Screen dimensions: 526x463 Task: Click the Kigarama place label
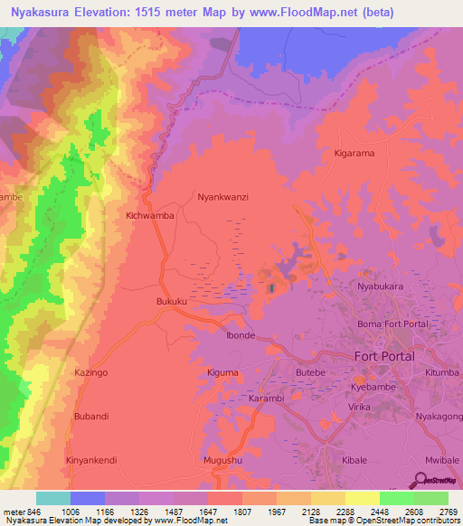click(354, 153)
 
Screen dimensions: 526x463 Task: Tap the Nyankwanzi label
click(222, 196)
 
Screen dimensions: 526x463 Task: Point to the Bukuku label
click(173, 301)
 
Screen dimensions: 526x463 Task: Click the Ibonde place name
click(241, 334)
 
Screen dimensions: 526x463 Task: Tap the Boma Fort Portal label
click(393, 324)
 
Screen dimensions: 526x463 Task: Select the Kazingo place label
click(91, 372)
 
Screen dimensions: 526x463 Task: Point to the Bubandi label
click(91, 416)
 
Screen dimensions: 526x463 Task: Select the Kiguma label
click(222, 372)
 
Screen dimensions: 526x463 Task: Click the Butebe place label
click(310, 372)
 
